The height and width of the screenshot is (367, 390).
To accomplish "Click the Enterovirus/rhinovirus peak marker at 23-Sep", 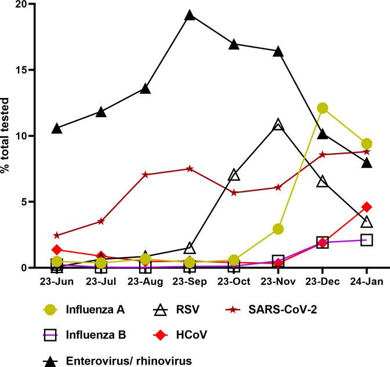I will click(x=190, y=15).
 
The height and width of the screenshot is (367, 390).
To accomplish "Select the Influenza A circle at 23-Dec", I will click(x=322, y=108).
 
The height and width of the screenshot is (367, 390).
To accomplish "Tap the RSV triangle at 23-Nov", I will click(x=278, y=125).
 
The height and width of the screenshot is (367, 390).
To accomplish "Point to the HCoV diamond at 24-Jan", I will click(x=366, y=207).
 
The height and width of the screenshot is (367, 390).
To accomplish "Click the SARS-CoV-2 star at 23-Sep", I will click(x=190, y=169).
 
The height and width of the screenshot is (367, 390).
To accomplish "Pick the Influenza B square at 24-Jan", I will click(x=366, y=240).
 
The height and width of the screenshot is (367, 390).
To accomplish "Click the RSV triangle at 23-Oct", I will click(x=234, y=175).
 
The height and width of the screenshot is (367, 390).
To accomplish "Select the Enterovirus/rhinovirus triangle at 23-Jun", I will click(x=57, y=128).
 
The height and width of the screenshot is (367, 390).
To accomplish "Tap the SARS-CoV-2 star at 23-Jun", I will click(x=57, y=235).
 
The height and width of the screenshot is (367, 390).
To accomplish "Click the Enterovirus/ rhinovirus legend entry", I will click(x=125, y=360).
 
